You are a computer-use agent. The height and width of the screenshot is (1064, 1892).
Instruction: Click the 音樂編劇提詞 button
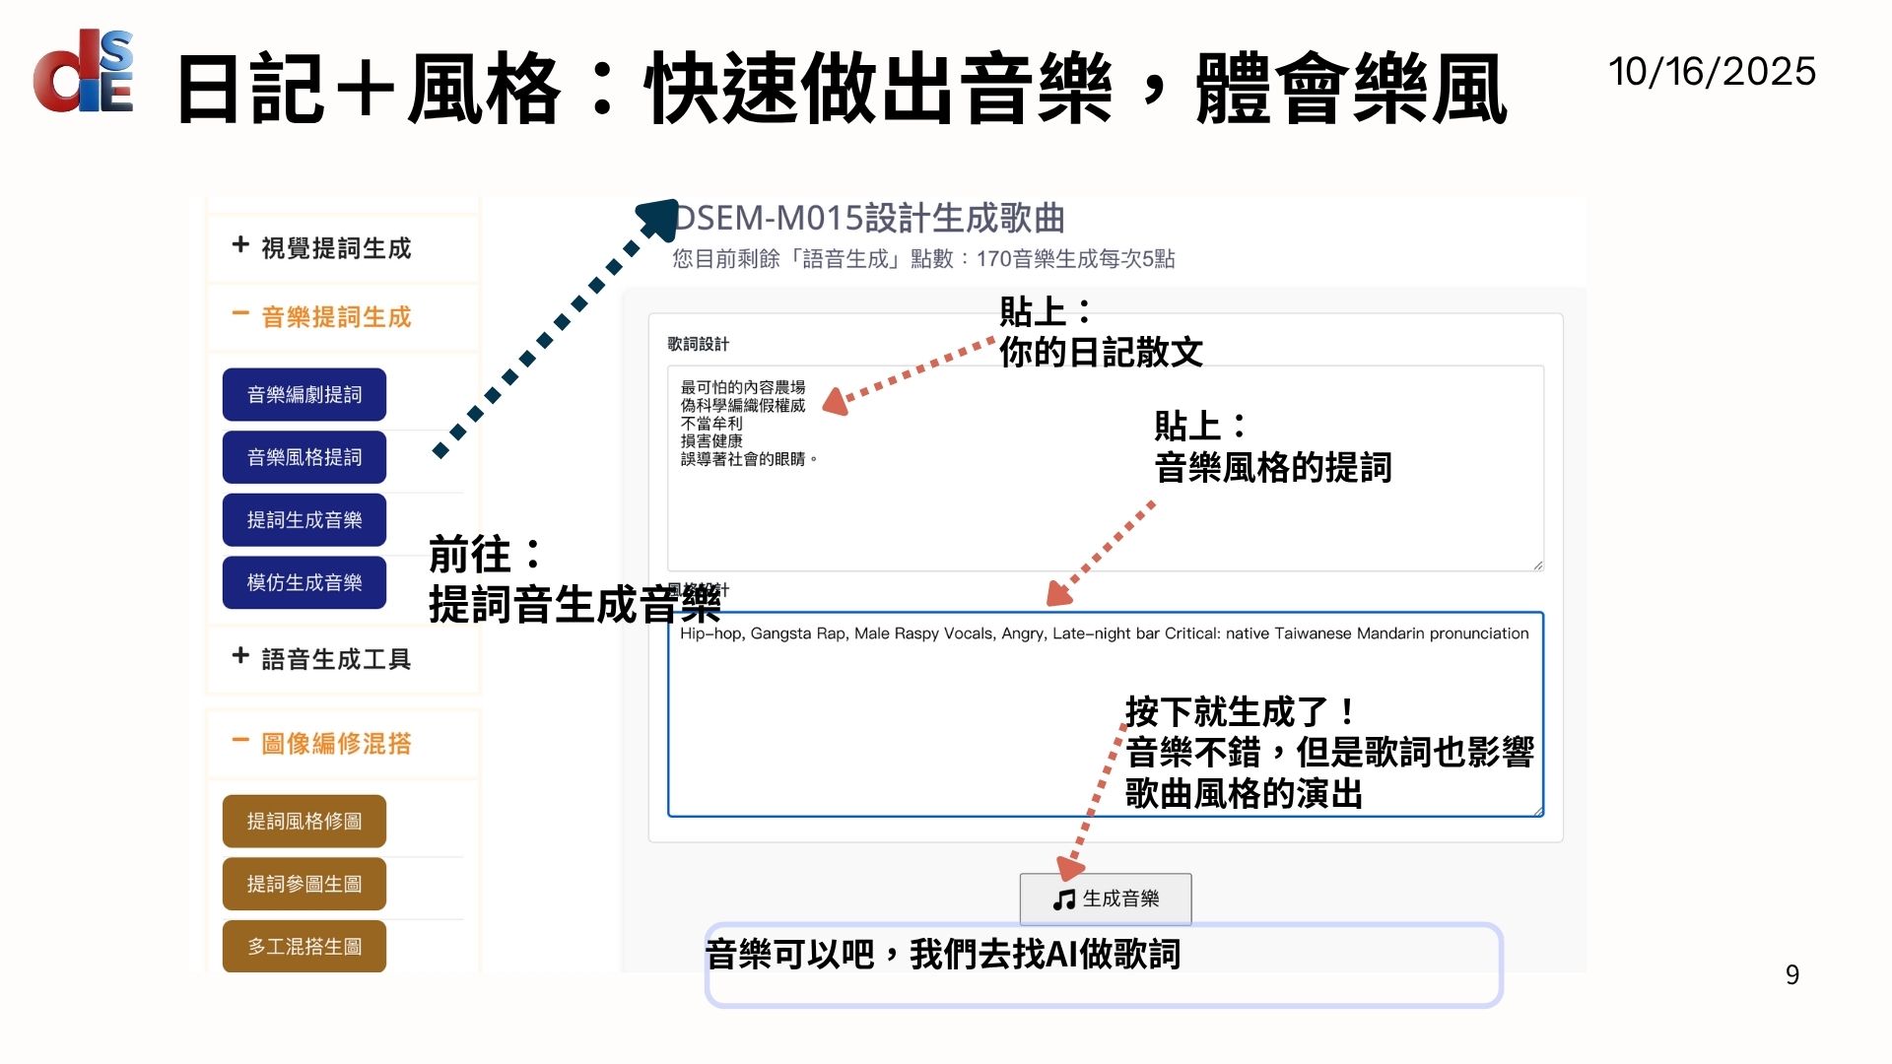click(304, 395)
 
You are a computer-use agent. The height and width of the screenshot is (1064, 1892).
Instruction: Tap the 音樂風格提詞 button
click(304, 457)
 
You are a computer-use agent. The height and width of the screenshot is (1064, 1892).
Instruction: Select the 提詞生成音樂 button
click(304, 520)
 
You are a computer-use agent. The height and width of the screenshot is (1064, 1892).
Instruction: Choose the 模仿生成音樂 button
click(304, 582)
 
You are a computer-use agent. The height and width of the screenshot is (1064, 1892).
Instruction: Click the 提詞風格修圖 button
click(304, 821)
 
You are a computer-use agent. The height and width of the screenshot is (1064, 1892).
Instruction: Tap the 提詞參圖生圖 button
click(304, 884)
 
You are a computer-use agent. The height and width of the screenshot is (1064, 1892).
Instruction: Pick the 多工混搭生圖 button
click(304, 946)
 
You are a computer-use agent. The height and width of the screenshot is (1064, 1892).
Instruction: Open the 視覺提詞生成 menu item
click(335, 248)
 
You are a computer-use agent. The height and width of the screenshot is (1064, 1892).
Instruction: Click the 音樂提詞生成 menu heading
click(335, 317)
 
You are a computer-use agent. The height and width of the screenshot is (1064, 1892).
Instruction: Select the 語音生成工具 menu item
click(335, 659)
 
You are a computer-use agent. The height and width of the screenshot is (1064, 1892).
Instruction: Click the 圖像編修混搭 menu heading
click(335, 744)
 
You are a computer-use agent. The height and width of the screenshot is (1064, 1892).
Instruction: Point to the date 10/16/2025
click(1712, 72)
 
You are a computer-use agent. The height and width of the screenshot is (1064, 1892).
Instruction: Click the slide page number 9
click(1791, 974)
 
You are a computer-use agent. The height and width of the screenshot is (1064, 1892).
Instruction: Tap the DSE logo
click(84, 71)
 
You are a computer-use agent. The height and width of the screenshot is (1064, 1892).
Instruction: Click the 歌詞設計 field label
click(698, 344)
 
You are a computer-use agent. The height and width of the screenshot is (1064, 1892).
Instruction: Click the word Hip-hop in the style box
click(710, 633)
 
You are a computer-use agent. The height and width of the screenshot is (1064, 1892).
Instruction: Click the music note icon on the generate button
click(1063, 899)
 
